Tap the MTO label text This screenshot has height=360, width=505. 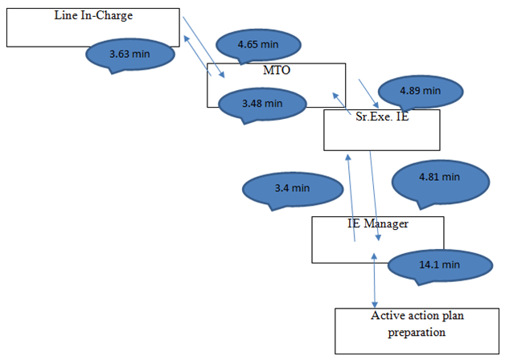coord(277,71)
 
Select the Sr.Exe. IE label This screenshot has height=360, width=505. coord(382,117)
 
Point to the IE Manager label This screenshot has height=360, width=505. coord(372,223)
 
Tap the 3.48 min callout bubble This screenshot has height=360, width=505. coord(262,103)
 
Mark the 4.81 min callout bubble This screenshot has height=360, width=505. coord(439,177)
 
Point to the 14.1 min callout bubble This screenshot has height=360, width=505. coord(439,264)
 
